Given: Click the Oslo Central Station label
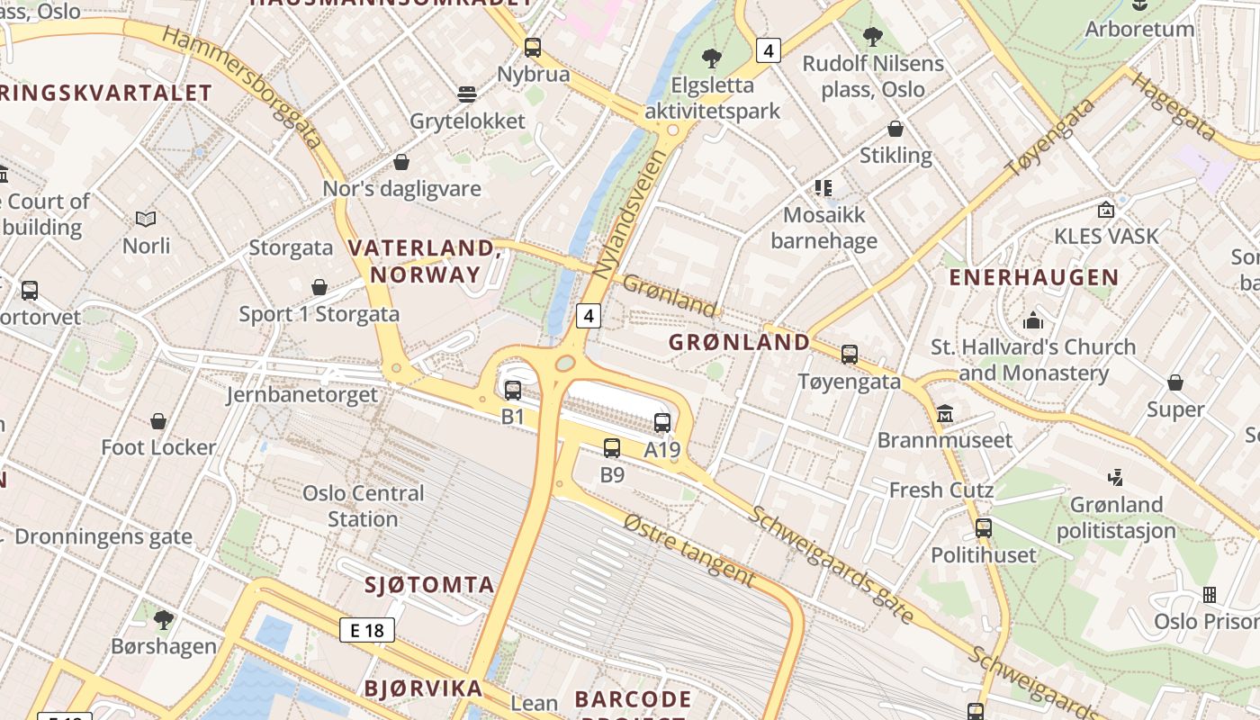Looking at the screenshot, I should (363, 506).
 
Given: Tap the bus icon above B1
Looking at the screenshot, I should (513, 390).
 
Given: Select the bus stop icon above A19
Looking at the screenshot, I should (662, 422).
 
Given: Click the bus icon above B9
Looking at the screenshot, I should (612, 447).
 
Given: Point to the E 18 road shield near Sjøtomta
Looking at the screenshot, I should (367, 630).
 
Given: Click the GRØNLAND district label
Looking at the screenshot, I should (740, 342).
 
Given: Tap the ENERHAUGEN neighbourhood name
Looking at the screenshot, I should (1034, 277).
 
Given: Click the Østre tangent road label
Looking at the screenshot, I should (688, 548).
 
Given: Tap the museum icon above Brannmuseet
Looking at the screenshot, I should (945, 414).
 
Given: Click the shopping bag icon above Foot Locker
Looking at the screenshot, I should (158, 421).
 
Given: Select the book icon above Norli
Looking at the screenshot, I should (146, 219).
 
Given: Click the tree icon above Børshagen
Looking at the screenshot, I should (163, 619).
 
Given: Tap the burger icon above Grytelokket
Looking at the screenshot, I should (466, 94).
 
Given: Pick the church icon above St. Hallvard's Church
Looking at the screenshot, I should (1033, 320).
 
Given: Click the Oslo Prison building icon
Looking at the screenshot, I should (1210, 595).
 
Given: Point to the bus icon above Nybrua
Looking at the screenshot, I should (533, 47).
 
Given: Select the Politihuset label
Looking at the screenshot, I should (984, 554).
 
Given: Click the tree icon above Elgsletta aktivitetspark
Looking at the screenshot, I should (712, 58).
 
